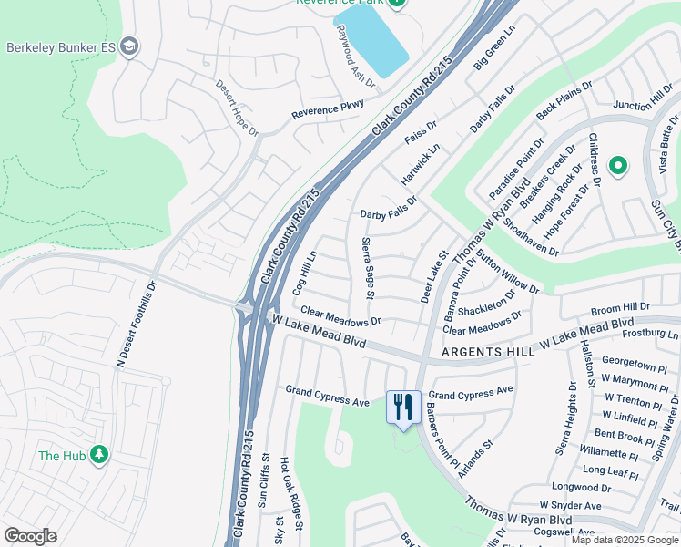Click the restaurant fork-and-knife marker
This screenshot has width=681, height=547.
pos(403,408)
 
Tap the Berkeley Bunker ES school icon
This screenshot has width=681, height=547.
pos(130,46)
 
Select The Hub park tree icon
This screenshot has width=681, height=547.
pos(98,455)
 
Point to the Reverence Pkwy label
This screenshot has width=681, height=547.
pos(327,109)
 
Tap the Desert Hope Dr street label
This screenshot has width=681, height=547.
pos(235,108)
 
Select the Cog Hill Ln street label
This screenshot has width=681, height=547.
pos(303,273)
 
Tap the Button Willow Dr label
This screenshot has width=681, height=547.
pos(507,272)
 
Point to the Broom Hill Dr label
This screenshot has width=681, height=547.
pos(621,308)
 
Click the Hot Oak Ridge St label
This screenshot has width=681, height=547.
pos(285,482)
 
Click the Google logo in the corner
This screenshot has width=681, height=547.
pos(30,536)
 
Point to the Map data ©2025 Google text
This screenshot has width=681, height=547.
pos(625,540)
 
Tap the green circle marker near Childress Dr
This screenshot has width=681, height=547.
pos(618,165)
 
